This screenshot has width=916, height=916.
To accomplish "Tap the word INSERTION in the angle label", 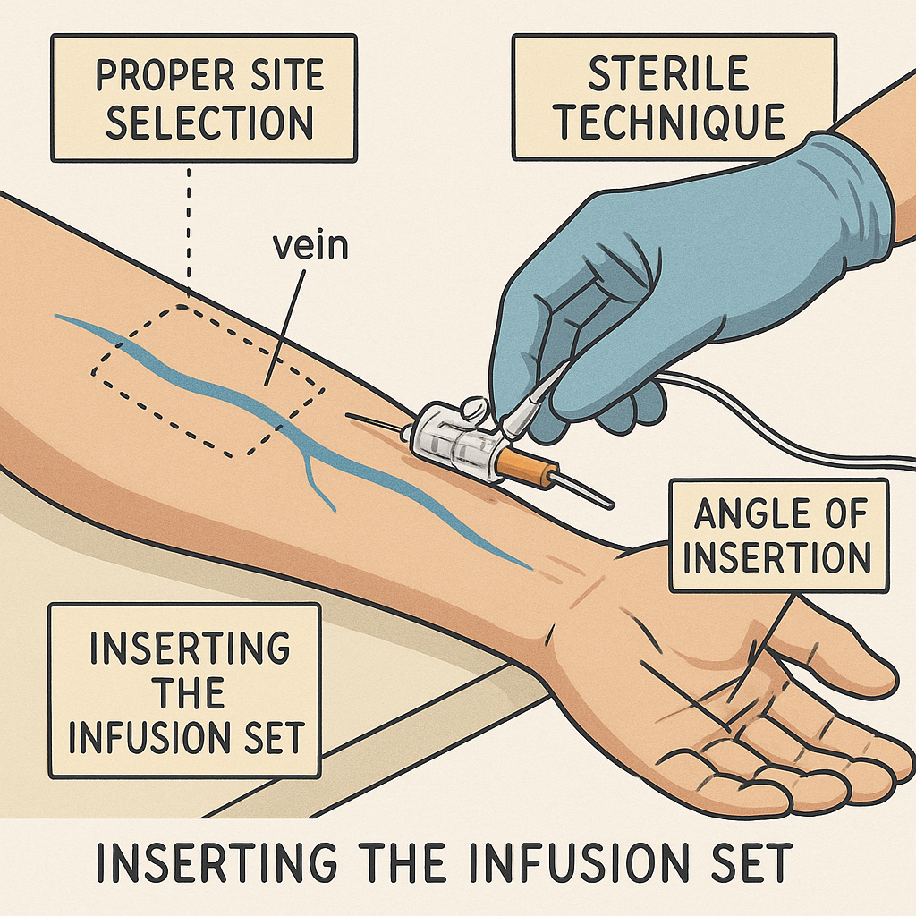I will click(778, 558).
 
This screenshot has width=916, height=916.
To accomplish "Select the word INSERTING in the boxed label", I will click(184, 647).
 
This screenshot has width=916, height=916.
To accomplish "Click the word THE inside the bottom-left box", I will click(184, 693).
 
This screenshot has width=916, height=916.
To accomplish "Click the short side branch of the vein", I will click(318, 479).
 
